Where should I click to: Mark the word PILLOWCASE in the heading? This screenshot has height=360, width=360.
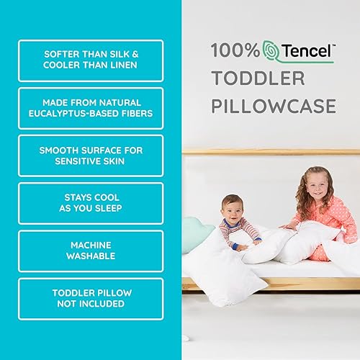[274, 107]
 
